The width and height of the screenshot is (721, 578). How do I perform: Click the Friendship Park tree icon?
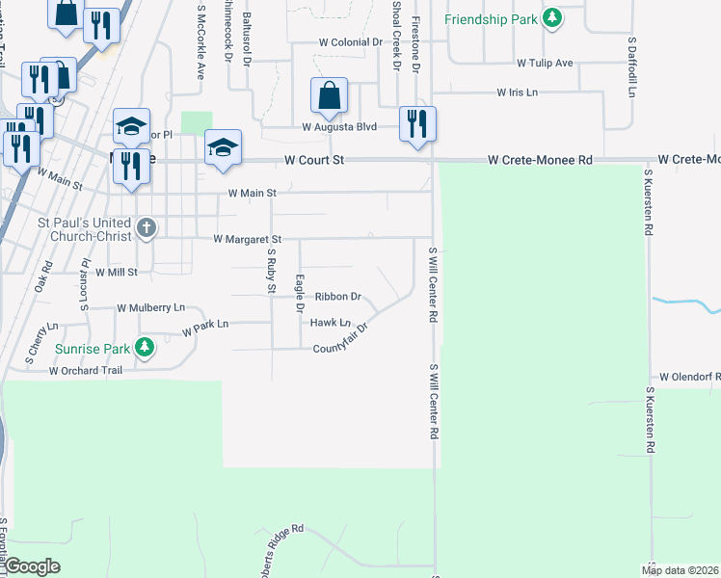coord(551,19)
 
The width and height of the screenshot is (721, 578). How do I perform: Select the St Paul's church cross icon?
coord(146,228)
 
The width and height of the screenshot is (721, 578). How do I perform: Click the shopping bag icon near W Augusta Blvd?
coord(329,95)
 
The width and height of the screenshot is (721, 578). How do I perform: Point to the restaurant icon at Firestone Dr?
coord(417,123)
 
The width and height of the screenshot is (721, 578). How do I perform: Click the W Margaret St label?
coord(247,238)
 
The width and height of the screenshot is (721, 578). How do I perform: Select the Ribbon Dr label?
coord(337,298)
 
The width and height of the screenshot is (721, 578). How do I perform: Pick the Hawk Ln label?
coord(330,323)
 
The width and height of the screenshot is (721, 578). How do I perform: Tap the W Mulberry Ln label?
coord(150,308)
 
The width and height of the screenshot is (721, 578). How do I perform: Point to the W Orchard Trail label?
coord(88,370)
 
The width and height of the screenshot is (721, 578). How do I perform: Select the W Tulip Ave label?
coord(545,64)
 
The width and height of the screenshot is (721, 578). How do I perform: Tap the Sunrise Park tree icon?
coord(145,346)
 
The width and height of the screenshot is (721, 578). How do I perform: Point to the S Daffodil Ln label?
coord(633,67)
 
